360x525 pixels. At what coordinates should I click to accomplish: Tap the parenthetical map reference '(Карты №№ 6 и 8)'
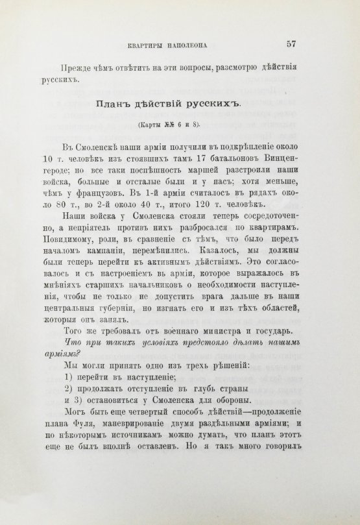click(167, 125)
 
